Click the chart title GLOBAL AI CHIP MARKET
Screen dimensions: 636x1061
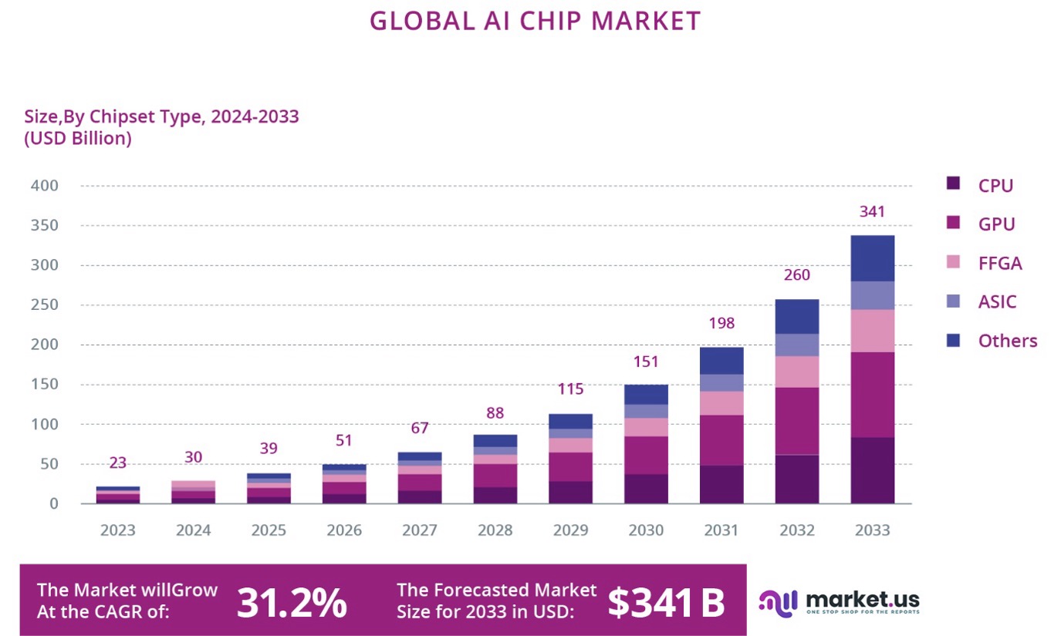(535, 21)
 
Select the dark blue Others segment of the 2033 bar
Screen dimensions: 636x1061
(872, 258)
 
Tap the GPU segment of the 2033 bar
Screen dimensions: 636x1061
(872, 395)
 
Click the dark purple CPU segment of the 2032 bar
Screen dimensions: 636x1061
(797, 479)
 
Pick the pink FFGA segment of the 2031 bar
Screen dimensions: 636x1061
(721, 403)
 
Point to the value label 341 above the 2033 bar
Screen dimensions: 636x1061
(872, 212)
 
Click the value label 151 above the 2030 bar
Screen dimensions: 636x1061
(646, 362)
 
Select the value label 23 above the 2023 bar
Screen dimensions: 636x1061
(117, 463)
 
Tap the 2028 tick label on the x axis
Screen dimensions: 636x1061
(495, 531)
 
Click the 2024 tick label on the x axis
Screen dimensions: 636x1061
(193, 531)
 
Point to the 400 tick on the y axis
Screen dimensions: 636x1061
(44, 186)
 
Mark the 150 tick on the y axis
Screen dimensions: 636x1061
(44, 385)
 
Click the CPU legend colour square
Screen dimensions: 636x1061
(954, 184)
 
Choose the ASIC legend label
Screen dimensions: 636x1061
(997, 301)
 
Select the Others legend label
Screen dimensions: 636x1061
(1007, 341)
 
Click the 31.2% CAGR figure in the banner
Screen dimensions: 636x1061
(291, 602)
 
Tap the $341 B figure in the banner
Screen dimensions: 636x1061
(665, 602)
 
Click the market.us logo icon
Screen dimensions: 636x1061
(777, 602)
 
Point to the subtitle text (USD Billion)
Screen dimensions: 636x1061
(77, 139)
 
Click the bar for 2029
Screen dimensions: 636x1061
(570, 459)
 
